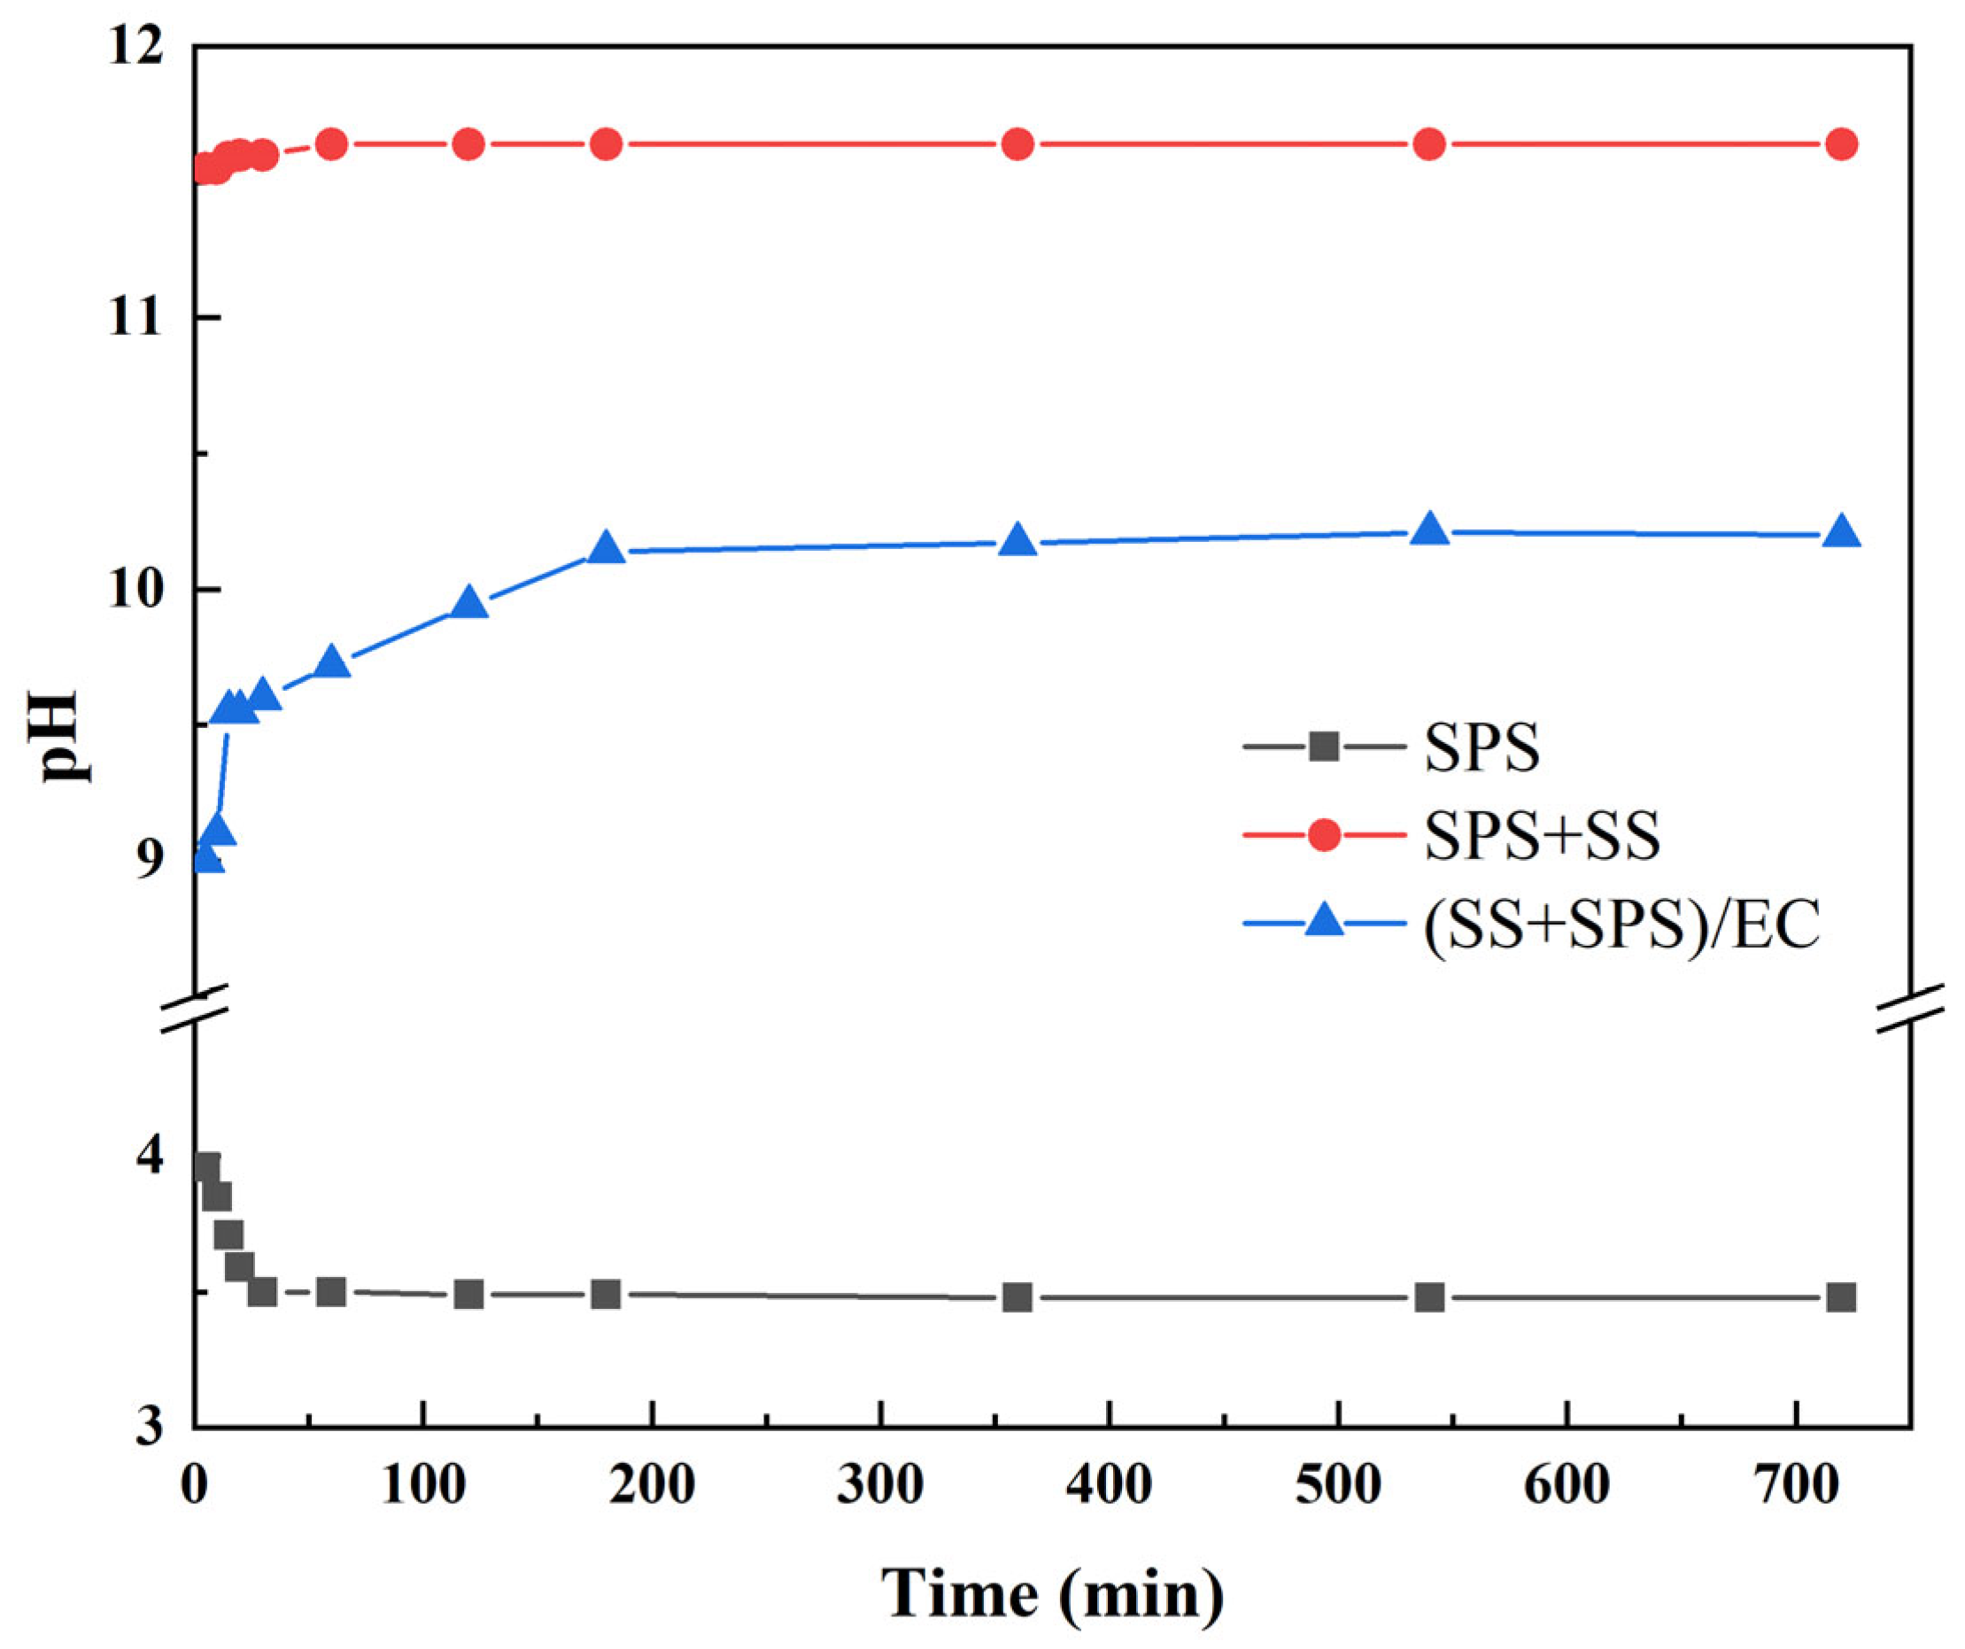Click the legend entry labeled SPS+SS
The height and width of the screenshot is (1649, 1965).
click(x=1542, y=835)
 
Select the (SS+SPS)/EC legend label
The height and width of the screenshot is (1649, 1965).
click(x=1621, y=925)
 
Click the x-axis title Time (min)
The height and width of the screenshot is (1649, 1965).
click(x=1053, y=1594)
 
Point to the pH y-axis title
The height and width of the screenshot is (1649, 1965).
click(x=58, y=737)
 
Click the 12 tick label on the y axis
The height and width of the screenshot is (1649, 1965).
click(x=136, y=47)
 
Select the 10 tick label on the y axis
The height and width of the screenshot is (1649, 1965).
click(x=136, y=592)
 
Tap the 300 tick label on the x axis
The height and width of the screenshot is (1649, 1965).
click(x=880, y=1485)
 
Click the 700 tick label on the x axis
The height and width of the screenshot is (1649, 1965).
click(x=1797, y=1485)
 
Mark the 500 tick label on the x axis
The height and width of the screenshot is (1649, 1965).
click(x=1339, y=1485)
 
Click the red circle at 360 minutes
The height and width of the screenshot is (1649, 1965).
click(x=1017, y=144)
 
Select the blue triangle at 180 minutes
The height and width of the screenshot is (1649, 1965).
click(x=607, y=547)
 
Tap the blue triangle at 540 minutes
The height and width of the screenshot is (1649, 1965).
click(x=1429, y=530)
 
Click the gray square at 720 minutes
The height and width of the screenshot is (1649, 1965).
click(x=1840, y=1298)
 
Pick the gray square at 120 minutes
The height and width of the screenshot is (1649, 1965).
click(x=468, y=1296)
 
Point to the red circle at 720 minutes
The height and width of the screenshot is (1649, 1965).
click(x=1840, y=144)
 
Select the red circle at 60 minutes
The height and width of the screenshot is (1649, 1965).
click(x=331, y=144)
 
